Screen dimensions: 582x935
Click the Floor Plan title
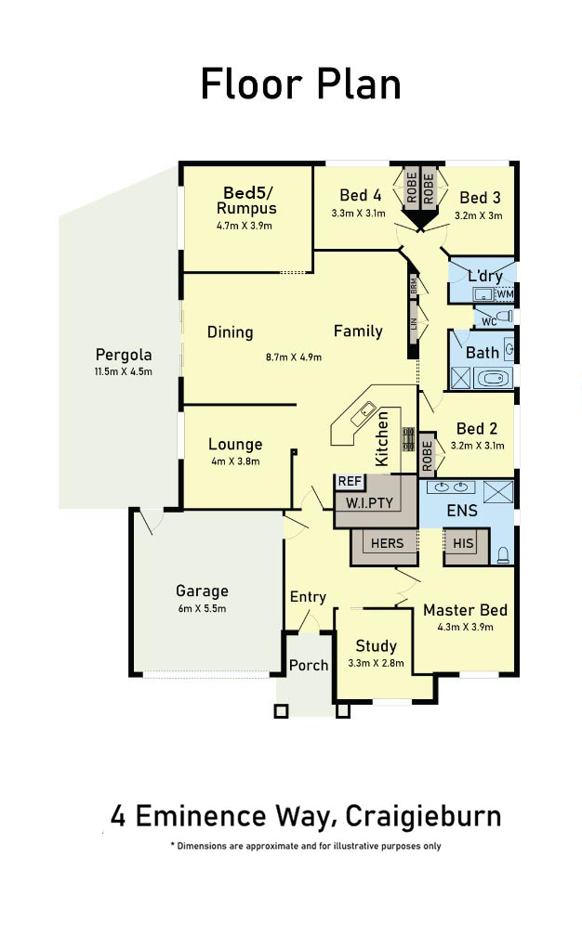[x=300, y=84]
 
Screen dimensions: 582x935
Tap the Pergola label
[x=124, y=355]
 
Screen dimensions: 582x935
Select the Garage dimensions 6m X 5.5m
[x=202, y=609]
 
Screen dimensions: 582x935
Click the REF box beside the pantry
[x=350, y=481]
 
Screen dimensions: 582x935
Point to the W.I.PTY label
[x=369, y=502]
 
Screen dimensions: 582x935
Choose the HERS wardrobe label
[x=387, y=543]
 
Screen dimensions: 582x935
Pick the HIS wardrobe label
[x=463, y=543]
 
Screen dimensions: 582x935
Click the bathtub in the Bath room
[x=494, y=378]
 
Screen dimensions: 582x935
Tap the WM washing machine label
[x=505, y=294]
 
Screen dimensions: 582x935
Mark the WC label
[x=489, y=322]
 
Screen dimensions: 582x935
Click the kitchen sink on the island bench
[x=363, y=413]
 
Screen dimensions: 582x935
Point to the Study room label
[x=376, y=646]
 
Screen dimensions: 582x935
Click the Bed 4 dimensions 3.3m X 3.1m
[x=358, y=213]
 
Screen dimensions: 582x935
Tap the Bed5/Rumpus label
[x=246, y=201]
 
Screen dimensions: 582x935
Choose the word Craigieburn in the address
[x=423, y=817]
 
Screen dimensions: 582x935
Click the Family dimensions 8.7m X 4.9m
[x=294, y=357]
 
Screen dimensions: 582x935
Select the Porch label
[x=309, y=665]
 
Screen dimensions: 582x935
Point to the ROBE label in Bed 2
[x=427, y=456]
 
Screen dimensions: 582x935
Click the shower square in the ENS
[x=497, y=492]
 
